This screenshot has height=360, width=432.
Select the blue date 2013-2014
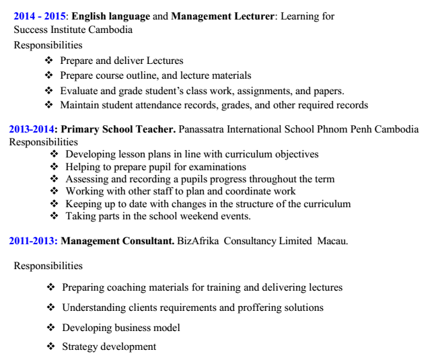click(x=31, y=129)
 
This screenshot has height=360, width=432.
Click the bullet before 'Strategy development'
click(x=51, y=347)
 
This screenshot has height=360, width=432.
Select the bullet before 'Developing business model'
click(x=51, y=328)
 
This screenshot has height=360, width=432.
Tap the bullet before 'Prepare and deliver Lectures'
click(x=48, y=61)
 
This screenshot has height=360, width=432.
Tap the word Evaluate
click(x=79, y=90)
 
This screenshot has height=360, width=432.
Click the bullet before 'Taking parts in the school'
click(x=55, y=216)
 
